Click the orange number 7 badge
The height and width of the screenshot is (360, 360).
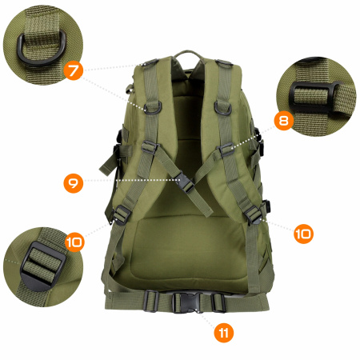(72, 71)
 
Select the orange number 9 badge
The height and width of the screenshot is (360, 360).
(73, 182)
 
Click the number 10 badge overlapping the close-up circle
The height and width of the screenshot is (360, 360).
(74, 240)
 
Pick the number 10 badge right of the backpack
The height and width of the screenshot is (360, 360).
(303, 233)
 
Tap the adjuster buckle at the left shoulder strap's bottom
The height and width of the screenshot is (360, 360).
(124, 212)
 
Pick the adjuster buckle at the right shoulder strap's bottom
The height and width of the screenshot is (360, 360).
(254, 214)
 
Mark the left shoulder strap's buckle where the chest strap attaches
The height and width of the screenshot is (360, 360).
(149, 147)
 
